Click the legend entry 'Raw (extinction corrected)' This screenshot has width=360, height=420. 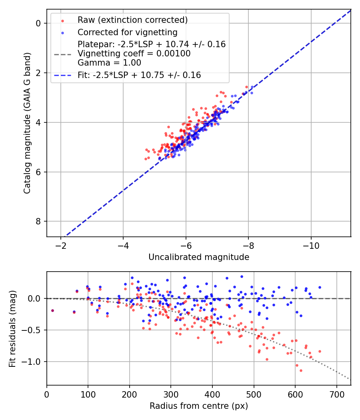[x=132, y=20]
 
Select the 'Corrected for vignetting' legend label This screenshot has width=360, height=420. [x=127, y=32]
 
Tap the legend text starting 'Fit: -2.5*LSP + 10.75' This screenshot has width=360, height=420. [x=139, y=75]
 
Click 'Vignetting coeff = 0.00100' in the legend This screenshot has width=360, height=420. [x=134, y=54]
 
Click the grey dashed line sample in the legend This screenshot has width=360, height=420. [x=62, y=54]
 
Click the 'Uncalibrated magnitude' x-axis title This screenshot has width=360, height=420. [x=199, y=257]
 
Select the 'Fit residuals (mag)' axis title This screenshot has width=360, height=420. [x=12, y=328]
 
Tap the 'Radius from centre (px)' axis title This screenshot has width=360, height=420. [x=199, y=406]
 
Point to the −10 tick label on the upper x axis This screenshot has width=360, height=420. [x=311, y=245]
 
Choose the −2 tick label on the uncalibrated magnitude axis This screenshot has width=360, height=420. [x=61, y=245]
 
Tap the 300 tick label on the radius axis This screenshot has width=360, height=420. [x=171, y=394]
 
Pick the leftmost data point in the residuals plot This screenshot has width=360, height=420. [x=52, y=310]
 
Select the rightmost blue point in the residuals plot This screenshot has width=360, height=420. [x=320, y=287]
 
